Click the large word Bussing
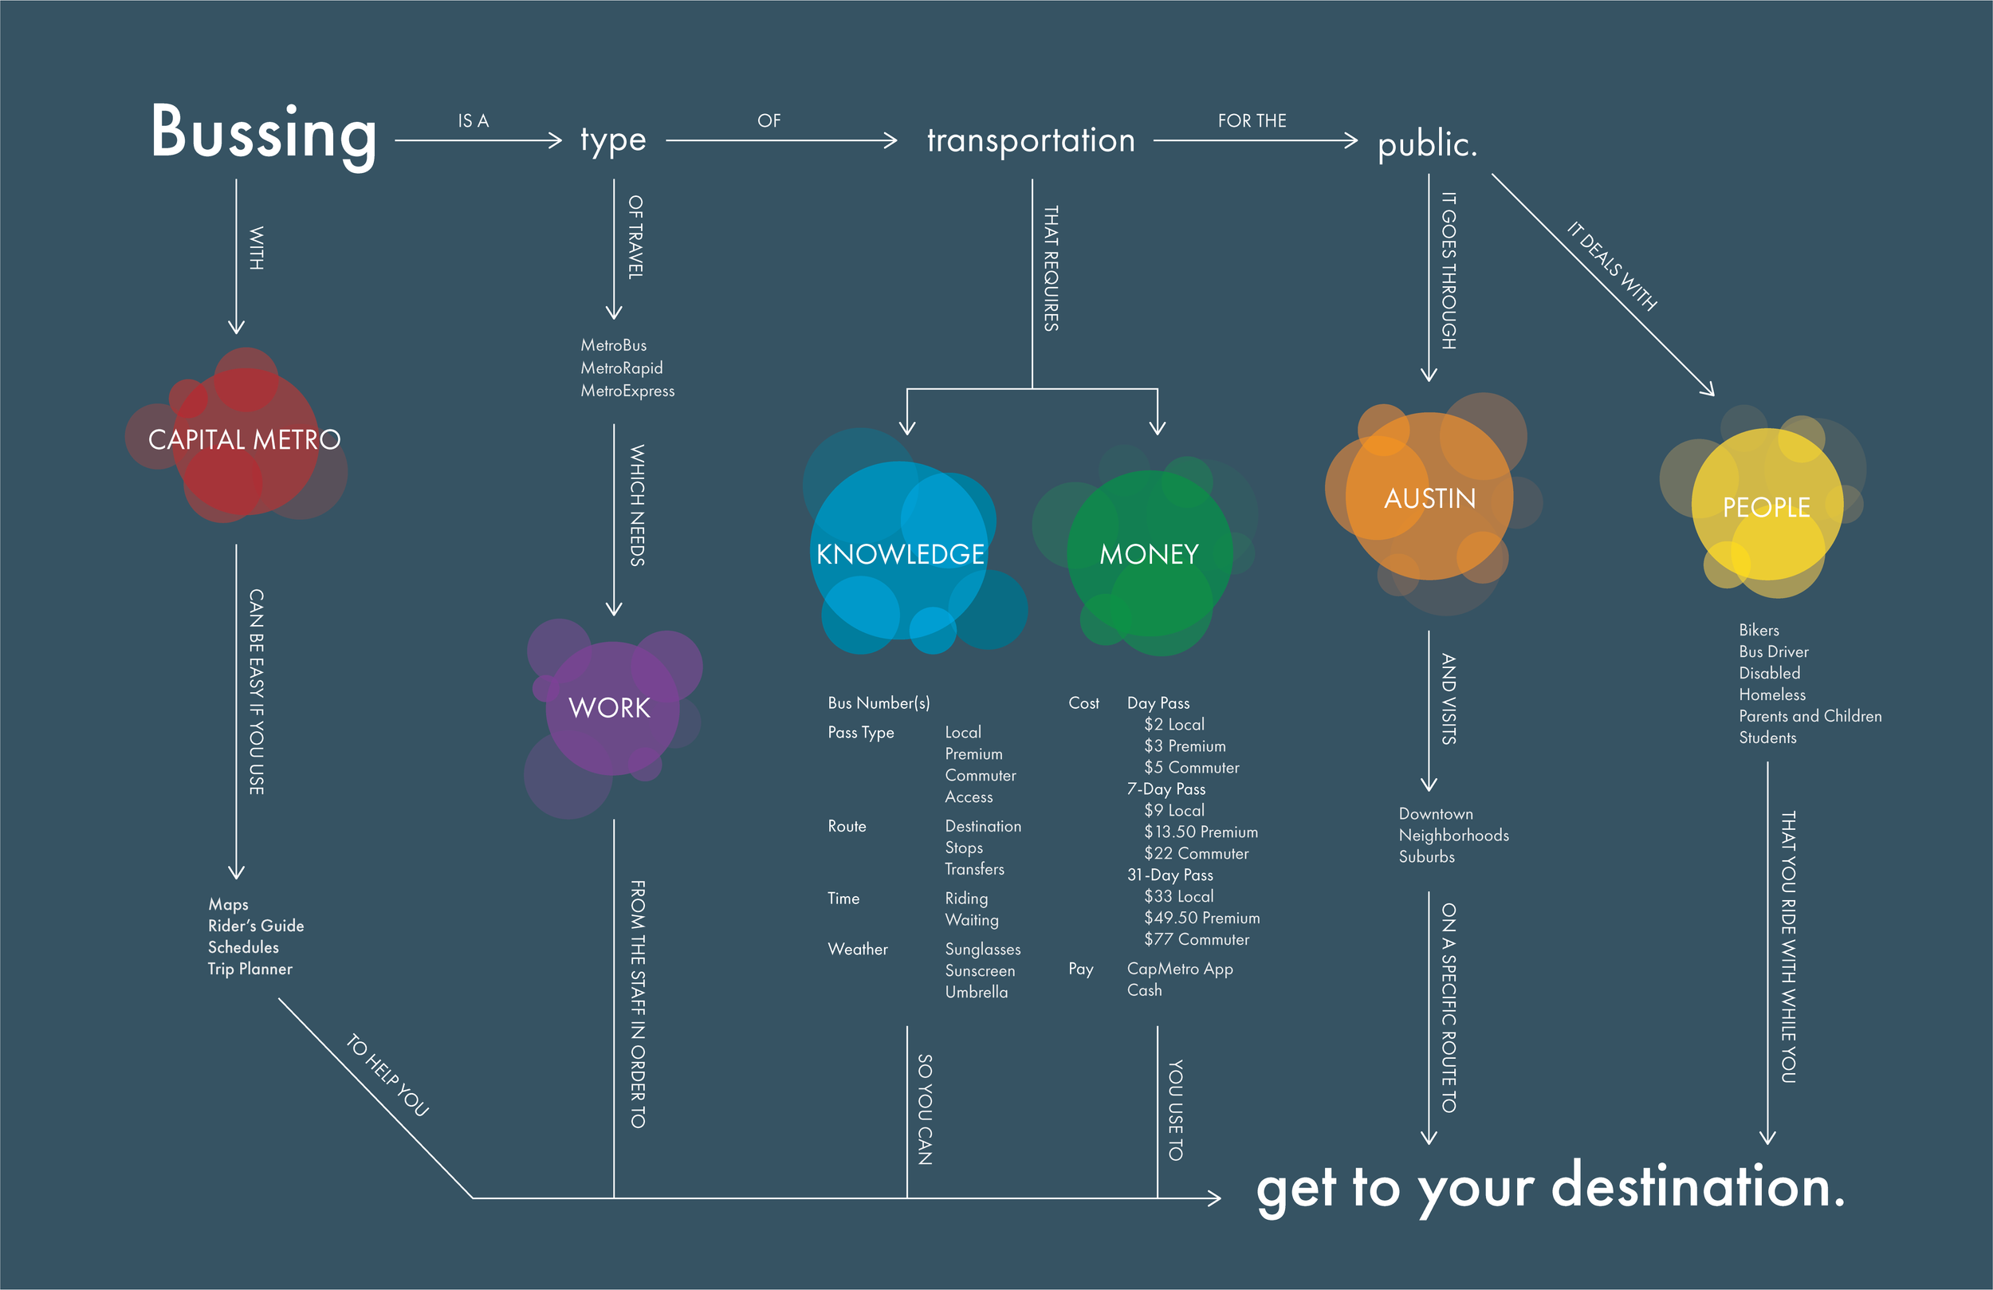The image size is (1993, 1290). tap(263, 132)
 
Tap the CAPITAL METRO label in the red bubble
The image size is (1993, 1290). tap(244, 440)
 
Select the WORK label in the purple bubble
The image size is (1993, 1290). tap(609, 708)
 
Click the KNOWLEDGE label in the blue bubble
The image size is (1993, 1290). tap(900, 555)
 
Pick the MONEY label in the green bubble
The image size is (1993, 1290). tap(1149, 555)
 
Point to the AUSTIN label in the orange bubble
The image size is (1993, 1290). tap(1429, 498)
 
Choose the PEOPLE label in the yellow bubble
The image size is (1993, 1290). tap(1766, 508)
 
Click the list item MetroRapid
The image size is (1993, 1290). tap(621, 368)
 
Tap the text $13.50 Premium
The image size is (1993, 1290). tap(1201, 832)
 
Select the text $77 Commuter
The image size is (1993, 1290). tap(1197, 940)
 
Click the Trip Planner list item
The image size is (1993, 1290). tap(250, 969)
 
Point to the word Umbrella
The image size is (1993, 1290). tap(977, 993)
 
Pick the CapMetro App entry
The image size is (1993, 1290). tap(1180, 969)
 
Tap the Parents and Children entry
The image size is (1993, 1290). tap(1810, 717)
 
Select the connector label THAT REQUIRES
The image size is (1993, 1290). tap(1051, 268)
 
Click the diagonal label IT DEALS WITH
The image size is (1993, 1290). tap(1612, 265)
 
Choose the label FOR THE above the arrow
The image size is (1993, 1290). tap(1252, 121)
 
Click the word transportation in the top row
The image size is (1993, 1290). tap(1031, 141)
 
